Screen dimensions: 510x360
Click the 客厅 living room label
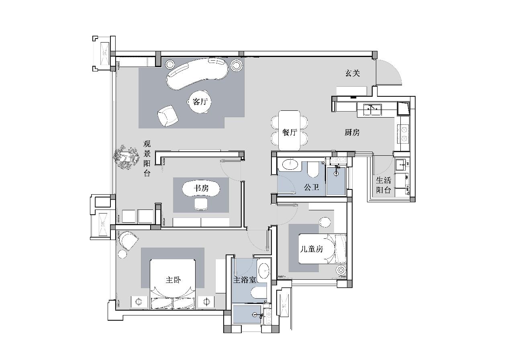point(200,101)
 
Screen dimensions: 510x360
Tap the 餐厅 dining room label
point(290,132)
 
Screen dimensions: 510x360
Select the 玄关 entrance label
point(353,73)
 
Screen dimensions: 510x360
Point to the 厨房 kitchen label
point(352,132)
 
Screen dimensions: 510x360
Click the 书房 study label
point(201,188)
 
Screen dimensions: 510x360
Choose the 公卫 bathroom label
point(311,187)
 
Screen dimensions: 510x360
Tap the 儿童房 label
point(312,249)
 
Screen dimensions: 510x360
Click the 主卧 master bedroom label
point(173,280)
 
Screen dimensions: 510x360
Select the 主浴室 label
point(245,280)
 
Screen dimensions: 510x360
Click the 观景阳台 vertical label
point(147,159)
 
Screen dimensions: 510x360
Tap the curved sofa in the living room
point(197,73)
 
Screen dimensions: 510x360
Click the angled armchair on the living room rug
point(168,116)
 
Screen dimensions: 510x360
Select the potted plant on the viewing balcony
point(126,157)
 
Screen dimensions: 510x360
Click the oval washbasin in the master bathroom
point(264,271)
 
